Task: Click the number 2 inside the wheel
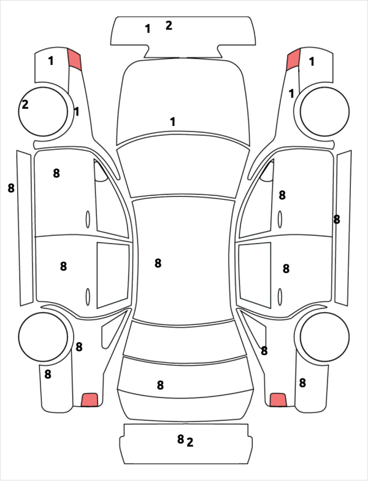pyautogui.click(x=25, y=104)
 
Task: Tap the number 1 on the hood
pyautogui.click(x=173, y=122)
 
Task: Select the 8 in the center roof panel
pyautogui.click(x=158, y=263)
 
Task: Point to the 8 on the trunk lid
pyautogui.click(x=160, y=385)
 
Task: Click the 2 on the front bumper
pyautogui.click(x=169, y=25)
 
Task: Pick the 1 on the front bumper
pyautogui.click(x=148, y=29)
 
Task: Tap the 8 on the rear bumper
pyautogui.click(x=181, y=439)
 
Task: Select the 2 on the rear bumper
pyautogui.click(x=190, y=442)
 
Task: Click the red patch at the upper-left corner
pyautogui.click(x=74, y=59)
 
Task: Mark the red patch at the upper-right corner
pyautogui.click(x=293, y=60)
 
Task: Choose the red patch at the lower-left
pyautogui.click(x=90, y=400)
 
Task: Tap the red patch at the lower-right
pyautogui.click(x=278, y=400)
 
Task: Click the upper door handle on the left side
pyautogui.click(x=88, y=219)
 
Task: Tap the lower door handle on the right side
pyautogui.click(x=280, y=297)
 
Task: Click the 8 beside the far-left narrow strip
pyautogui.click(x=11, y=188)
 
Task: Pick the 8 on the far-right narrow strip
pyautogui.click(x=337, y=220)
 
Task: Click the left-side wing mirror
pyautogui.click(x=101, y=172)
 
